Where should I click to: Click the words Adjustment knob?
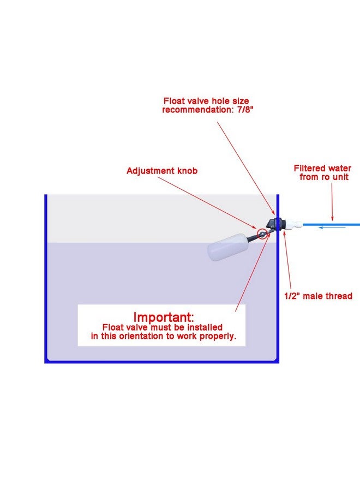162,171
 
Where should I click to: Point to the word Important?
164,317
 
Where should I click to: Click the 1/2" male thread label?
318,296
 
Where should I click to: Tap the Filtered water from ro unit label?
323,172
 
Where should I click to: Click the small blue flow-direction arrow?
332,227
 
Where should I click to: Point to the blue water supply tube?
332,225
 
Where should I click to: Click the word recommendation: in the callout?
196,110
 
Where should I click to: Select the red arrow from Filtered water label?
332,202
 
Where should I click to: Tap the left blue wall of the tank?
46,278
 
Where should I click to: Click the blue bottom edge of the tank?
162,362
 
